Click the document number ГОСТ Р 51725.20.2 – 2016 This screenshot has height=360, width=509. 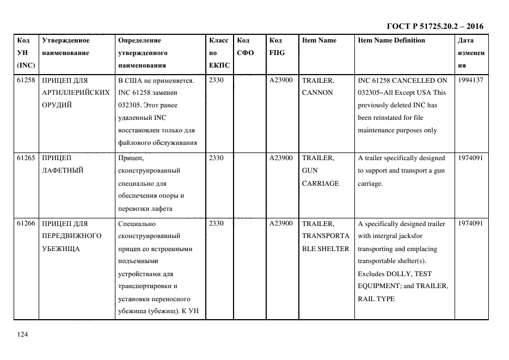pyautogui.click(x=434, y=26)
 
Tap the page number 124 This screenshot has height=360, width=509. pyautogui.click(x=22, y=334)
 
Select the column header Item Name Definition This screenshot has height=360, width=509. pyautogui.click(x=391, y=40)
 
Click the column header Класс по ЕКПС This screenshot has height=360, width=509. pyautogui.click(x=219, y=53)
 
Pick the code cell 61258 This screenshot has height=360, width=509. pyautogui.click(x=26, y=80)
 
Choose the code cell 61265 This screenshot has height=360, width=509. pyautogui.click(x=26, y=158)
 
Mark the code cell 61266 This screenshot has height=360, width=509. pyautogui.click(x=26, y=223)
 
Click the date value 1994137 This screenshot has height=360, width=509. pyautogui.click(x=470, y=80)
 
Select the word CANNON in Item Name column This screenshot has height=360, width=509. pyautogui.click(x=317, y=93)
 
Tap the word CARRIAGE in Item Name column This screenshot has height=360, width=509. pyautogui.click(x=320, y=184)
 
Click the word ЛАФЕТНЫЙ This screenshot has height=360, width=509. pyautogui.click(x=62, y=170)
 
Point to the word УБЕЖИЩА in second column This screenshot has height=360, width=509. pyautogui.click(x=61, y=249)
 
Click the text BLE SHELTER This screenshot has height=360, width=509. pyautogui.click(x=326, y=249)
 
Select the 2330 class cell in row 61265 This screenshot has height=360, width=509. pyautogui.click(x=216, y=158)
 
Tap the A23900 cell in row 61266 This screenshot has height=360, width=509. pyautogui.click(x=281, y=223)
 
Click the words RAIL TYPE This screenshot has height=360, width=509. pyautogui.click(x=376, y=299)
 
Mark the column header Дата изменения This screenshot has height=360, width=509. pyautogui.click(x=470, y=53)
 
